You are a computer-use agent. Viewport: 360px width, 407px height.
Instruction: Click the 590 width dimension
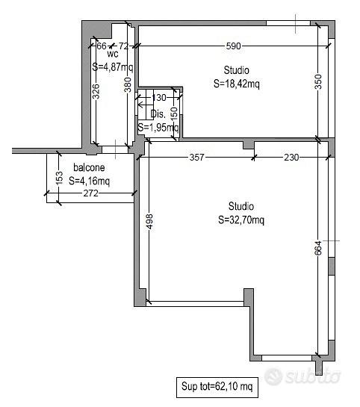(233, 46)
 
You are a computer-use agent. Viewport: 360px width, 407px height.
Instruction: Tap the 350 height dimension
(318, 81)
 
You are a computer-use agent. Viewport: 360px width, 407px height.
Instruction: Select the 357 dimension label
(197, 158)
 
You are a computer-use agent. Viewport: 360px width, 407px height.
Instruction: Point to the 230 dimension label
(291, 158)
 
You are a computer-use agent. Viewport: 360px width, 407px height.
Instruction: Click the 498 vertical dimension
(150, 221)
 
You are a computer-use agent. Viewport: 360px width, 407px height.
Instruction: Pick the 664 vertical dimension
(318, 249)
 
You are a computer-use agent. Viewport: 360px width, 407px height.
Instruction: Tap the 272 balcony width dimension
(91, 193)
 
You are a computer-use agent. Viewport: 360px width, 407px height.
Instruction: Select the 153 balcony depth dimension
(59, 178)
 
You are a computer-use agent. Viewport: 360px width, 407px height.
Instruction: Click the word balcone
(89, 168)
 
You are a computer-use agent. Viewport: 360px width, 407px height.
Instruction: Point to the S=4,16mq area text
(90, 181)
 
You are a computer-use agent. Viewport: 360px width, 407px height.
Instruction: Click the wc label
(113, 54)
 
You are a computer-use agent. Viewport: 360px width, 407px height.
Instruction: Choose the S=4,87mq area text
(113, 67)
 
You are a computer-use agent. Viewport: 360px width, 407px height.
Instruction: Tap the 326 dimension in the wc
(96, 91)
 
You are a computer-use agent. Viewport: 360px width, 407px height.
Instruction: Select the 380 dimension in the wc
(128, 85)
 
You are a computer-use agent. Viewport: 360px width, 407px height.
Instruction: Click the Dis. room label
(158, 114)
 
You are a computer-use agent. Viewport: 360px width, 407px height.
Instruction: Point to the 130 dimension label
(159, 98)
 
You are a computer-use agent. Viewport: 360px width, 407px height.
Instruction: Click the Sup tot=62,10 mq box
(217, 388)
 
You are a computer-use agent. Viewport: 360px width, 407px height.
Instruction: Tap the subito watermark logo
(302, 376)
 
